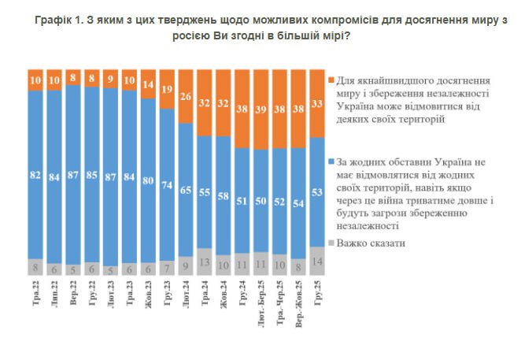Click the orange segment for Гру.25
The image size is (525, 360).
click(318, 103)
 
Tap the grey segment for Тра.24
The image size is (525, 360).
click(203, 260)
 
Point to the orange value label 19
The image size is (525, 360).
click(167, 90)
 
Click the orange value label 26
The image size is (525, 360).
click(185, 96)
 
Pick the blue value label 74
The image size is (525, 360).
click(167, 184)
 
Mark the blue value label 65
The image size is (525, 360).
click(185, 190)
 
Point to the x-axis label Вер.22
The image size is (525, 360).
click(72, 290)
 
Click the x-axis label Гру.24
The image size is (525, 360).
click(242, 290)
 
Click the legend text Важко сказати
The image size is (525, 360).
click(371, 243)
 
